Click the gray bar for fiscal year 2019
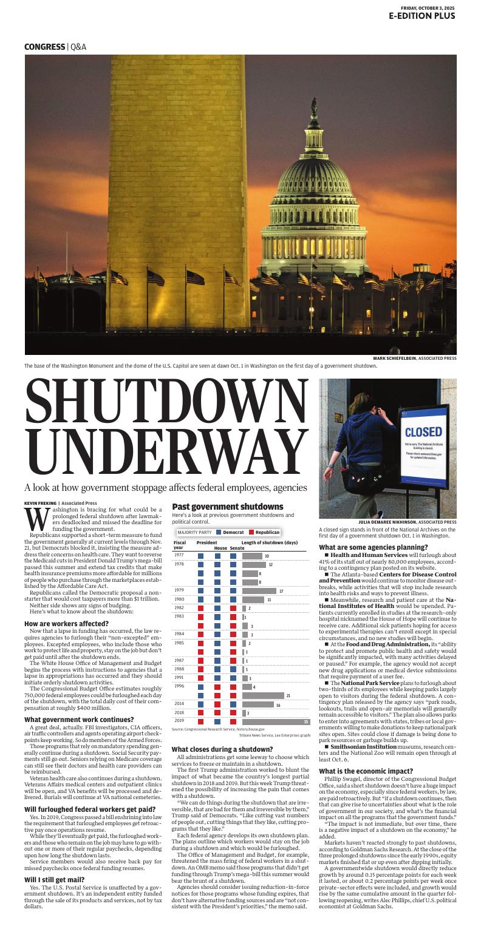click(276, 721)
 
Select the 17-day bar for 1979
click(259, 590)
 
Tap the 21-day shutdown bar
click(263, 695)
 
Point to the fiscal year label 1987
click(179, 660)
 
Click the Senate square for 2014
click(233, 704)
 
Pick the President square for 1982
click(201, 608)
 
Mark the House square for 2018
click(217, 713)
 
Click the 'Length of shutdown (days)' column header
click(270, 542)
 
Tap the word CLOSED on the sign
click(423, 433)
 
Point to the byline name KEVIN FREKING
click(40, 503)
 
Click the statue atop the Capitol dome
click(314, 109)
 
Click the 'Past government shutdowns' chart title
click(228, 507)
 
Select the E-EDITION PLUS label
click(422, 16)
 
